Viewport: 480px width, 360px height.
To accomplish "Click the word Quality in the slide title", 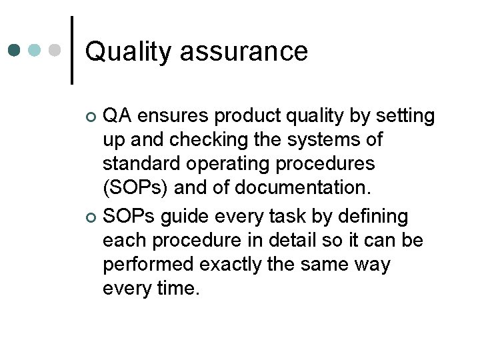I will [127, 52].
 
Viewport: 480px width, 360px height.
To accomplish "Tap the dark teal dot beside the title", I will [15, 50].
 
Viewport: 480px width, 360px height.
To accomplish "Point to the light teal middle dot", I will [35, 50].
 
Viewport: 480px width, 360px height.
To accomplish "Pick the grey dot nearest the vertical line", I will [55, 50].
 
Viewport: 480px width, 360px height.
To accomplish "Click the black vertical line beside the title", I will [72, 50].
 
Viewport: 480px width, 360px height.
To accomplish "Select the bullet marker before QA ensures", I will [92, 118].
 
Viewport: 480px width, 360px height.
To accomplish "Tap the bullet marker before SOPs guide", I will [92, 218].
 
